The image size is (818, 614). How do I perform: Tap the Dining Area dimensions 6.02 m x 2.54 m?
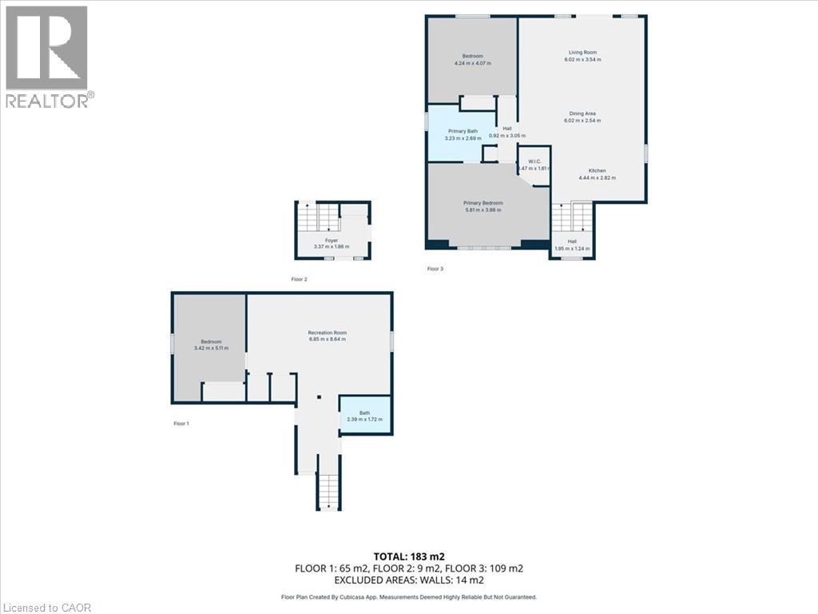tap(582, 121)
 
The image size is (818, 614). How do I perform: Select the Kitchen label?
tap(597, 170)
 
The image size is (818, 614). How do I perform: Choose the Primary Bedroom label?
tap(482, 203)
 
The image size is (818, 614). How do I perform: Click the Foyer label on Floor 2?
tap(332, 240)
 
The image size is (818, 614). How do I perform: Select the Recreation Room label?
tap(328, 333)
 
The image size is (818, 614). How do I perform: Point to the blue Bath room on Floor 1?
tap(365, 416)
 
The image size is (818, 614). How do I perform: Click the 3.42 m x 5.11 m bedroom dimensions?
tap(211, 348)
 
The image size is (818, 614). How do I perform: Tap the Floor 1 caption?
tap(181, 423)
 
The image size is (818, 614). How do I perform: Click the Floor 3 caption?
tap(435, 269)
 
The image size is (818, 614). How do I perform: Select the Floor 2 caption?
tap(299, 279)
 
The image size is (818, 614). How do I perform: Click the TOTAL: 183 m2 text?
tap(408, 556)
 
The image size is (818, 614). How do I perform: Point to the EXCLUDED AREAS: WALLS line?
tap(408, 580)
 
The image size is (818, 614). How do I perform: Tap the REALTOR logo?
tap(47, 56)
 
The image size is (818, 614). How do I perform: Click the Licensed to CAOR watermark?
tap(47, 608)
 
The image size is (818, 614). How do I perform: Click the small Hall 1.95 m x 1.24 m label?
tap(572, 245)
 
